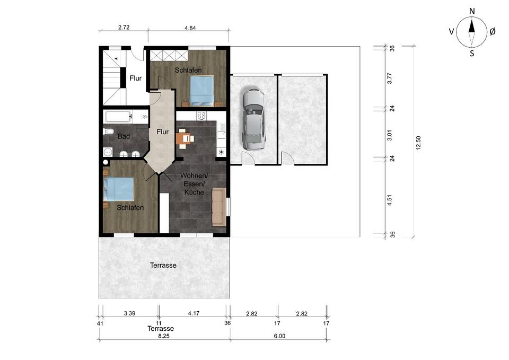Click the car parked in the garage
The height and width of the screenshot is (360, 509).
pyautogui.click(x=253, y=119)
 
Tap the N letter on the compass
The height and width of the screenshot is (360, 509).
pyautogui.click(x=472, y=11)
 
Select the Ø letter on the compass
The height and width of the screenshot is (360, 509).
pyautogui.click(x=492, y=31)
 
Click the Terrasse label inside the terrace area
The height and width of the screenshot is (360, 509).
pyautogui.click(x=163, y=265)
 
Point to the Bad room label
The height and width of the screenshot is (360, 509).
pyautogui.click(x=124, y=136)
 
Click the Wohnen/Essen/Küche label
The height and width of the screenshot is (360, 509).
pyautogui.click(x=194, y=184)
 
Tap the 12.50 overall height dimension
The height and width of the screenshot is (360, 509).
pyautogui.click(x=418, y=143)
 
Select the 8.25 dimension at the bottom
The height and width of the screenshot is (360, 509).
pyautogui.click(x=164, y=336)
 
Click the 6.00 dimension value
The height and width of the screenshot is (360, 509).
pyautogui.click(x=279, y=336)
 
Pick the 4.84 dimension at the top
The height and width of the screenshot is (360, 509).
pyautogui.click(x=190, y=28)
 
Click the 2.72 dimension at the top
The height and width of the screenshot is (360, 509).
pyautogui.click(x=124, y=27)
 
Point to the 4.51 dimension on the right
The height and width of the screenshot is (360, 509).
pyautogui.click(x=390, y=200)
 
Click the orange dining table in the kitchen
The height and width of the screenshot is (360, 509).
pyautogui.click(x=184, y=138)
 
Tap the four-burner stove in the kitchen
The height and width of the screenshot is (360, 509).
pyautogui.click(x=201, y=116)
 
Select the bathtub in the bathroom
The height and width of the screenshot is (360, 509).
pyautogui.click(x=119, y=117)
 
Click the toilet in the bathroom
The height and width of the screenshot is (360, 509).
pyautogui.click(x=108, y=131)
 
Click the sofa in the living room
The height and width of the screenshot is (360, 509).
pyautogui.click(x=219, y=207)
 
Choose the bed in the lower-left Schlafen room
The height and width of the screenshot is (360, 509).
pyautogui.click(x=118, y=189)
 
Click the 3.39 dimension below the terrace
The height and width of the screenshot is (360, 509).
pyautogui.click(x=129, y=313)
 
